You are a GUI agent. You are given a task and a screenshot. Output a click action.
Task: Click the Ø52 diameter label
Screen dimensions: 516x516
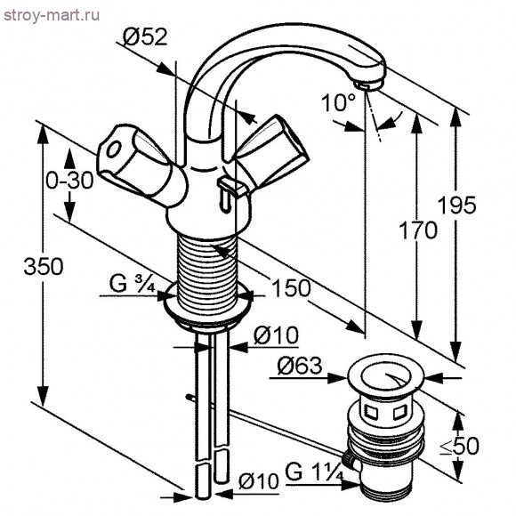pyautogui.click(x=144, y=37)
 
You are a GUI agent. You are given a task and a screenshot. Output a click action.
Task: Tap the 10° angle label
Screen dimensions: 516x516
pyautogui.click(x=338, y=103)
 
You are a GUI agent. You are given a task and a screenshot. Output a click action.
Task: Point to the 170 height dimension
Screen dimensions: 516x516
pyautogui.click(x=419, y=231)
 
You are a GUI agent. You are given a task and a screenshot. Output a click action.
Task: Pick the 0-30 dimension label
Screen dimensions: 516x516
pyautogui.click(x=69, y=181)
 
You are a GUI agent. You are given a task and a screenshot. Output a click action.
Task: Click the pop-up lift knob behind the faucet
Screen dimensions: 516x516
pyautogui.click(x=229, y=186)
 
